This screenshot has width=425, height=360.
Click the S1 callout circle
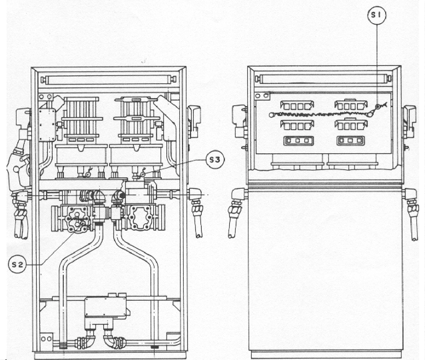click(377, 15)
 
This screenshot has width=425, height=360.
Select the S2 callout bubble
click(18, 265)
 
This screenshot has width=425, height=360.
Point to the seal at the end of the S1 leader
click(378, 106)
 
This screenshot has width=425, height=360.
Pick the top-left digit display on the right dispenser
click(297, 106)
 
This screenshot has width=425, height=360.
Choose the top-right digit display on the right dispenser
click(351, 105)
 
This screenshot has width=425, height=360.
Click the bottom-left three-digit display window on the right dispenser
click(298, 141)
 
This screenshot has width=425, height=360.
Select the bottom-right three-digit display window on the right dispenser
click(350, 141)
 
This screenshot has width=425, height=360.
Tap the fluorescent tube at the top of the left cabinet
click(109, 79)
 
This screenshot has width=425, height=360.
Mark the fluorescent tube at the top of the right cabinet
click(323, 79)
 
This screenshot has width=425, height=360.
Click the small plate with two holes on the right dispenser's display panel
click(262, 96)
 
